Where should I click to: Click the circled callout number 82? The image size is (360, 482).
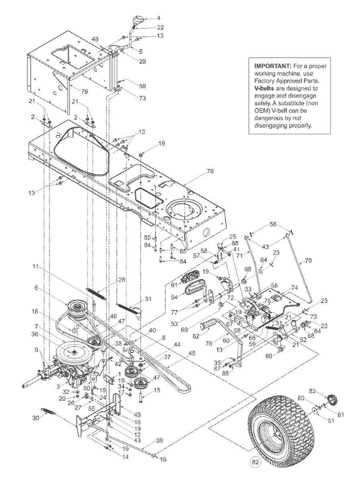tap(256, 463)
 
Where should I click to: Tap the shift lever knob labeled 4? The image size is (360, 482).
tap(138, 20)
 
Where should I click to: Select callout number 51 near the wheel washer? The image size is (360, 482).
tap(319, 421)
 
